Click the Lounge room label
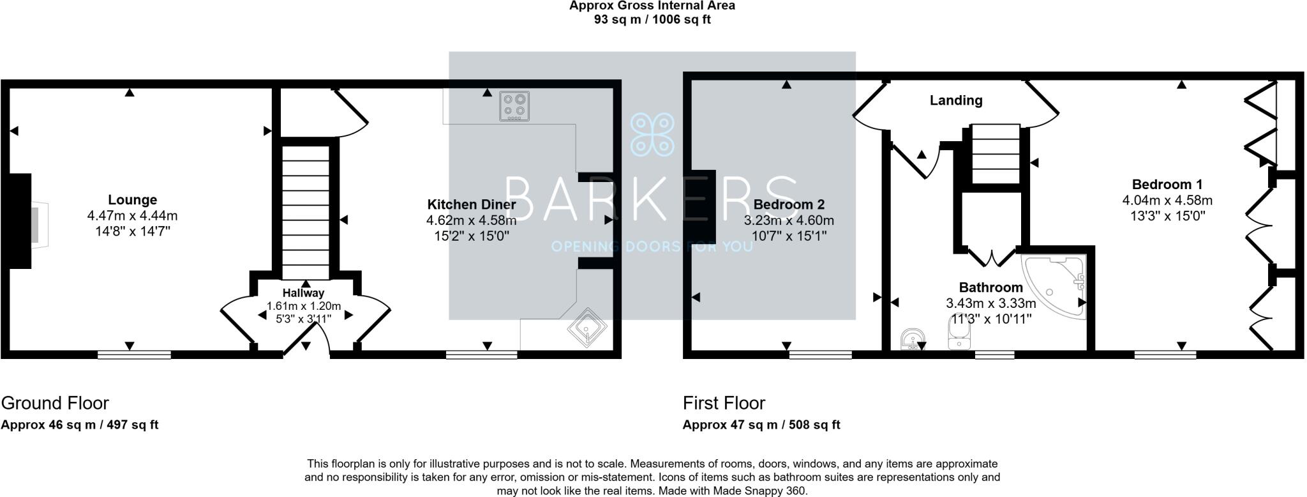(x=132, y=200)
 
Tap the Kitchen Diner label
(x=471, y=204)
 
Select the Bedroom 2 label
(x=789, y=204)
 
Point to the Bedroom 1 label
(x=1167, y=185)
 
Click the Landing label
(x=955, y=100)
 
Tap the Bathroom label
(x=990, y=287)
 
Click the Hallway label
(x=303, y=293)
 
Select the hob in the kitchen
(x=514, y=106)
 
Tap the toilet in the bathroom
(x=959, y=335)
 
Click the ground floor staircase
(x=306, y=211)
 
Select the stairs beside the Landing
(x=995, y=153)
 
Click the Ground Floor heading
(x=55, y=403)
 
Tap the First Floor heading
(x=724, y=403)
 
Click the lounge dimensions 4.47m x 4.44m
(x=132, y=216)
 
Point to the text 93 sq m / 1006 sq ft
(x=652, y=20)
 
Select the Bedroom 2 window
(x=820, y=355)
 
